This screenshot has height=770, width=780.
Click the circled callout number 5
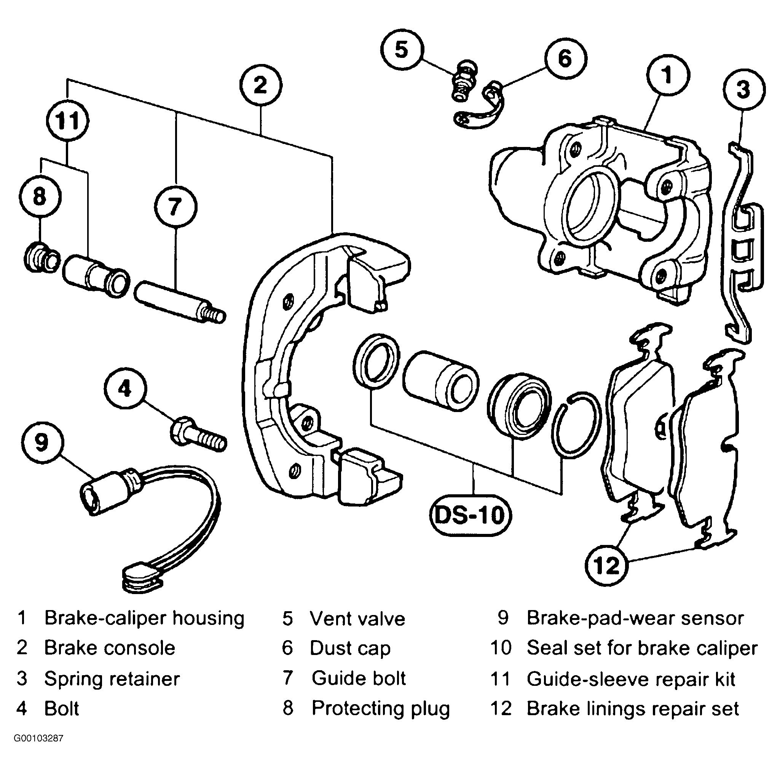(x=402, y=50)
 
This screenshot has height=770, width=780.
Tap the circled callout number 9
(x=42, y=443)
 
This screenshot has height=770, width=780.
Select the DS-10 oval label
(x=471, y=515)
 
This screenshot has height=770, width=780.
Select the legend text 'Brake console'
(x=109, y=649)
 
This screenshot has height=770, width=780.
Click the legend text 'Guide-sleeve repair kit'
(x=631, y=679)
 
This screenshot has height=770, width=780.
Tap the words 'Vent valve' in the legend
(x=357, y=618)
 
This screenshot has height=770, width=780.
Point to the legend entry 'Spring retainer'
(x=112, y=679)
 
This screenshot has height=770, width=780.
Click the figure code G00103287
(x=39, y=738)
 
